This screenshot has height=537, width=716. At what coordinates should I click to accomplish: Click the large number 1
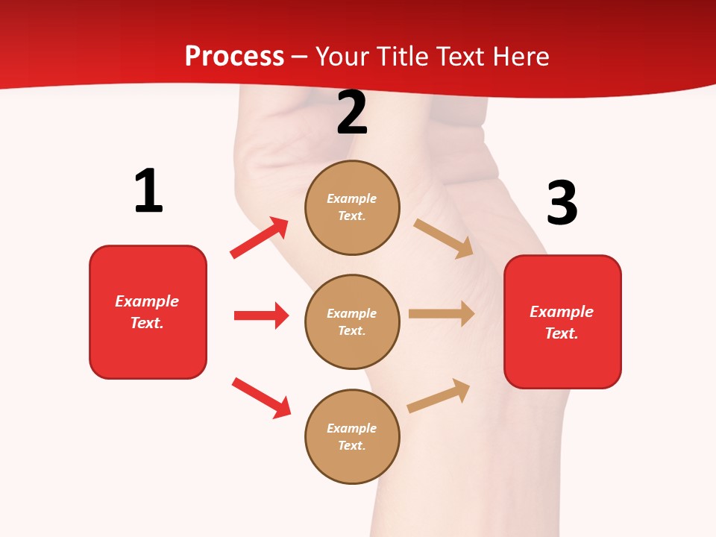point(148,192)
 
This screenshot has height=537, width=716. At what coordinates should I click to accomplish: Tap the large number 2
point(352,113)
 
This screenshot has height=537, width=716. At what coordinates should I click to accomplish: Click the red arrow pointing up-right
point(260,237)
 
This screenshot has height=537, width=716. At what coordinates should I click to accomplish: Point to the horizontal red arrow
point(261,315)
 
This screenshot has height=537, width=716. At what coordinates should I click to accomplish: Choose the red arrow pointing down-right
point(261,398)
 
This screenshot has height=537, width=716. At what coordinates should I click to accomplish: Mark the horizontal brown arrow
point(442,314)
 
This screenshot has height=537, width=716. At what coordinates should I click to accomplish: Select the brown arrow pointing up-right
point(439,396)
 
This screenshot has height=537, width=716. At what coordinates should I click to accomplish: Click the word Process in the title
point(234,56)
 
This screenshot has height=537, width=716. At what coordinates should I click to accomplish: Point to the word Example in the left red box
point(147,301)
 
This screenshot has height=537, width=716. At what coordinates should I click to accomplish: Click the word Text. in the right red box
point(562,333)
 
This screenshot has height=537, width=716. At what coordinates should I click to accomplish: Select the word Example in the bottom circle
point(352,428)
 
